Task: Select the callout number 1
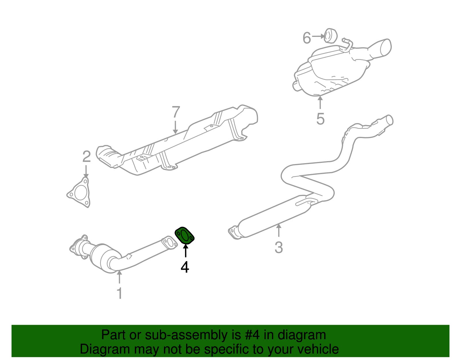120,293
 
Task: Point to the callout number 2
86,157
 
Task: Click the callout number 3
279,247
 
